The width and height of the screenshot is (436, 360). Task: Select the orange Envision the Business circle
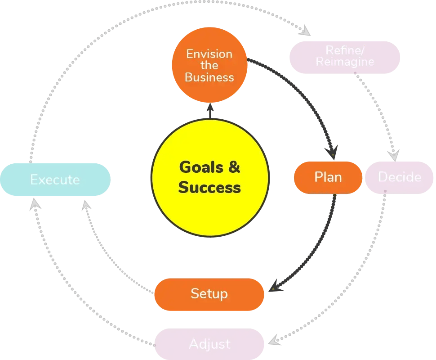point(209,65)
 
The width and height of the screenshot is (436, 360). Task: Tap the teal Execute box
point(55,180)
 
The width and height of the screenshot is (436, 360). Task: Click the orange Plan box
point(328,177)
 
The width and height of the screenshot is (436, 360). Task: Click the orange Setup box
point(209,294)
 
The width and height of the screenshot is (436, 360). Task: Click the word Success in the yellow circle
point(209,187)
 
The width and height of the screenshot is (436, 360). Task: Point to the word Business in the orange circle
point(209,77)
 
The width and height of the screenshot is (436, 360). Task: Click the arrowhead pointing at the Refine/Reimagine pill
point(305,31)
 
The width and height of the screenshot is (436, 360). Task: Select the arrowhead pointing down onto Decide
point(394,156)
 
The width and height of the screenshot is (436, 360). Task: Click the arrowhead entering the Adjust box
point(275,340)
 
